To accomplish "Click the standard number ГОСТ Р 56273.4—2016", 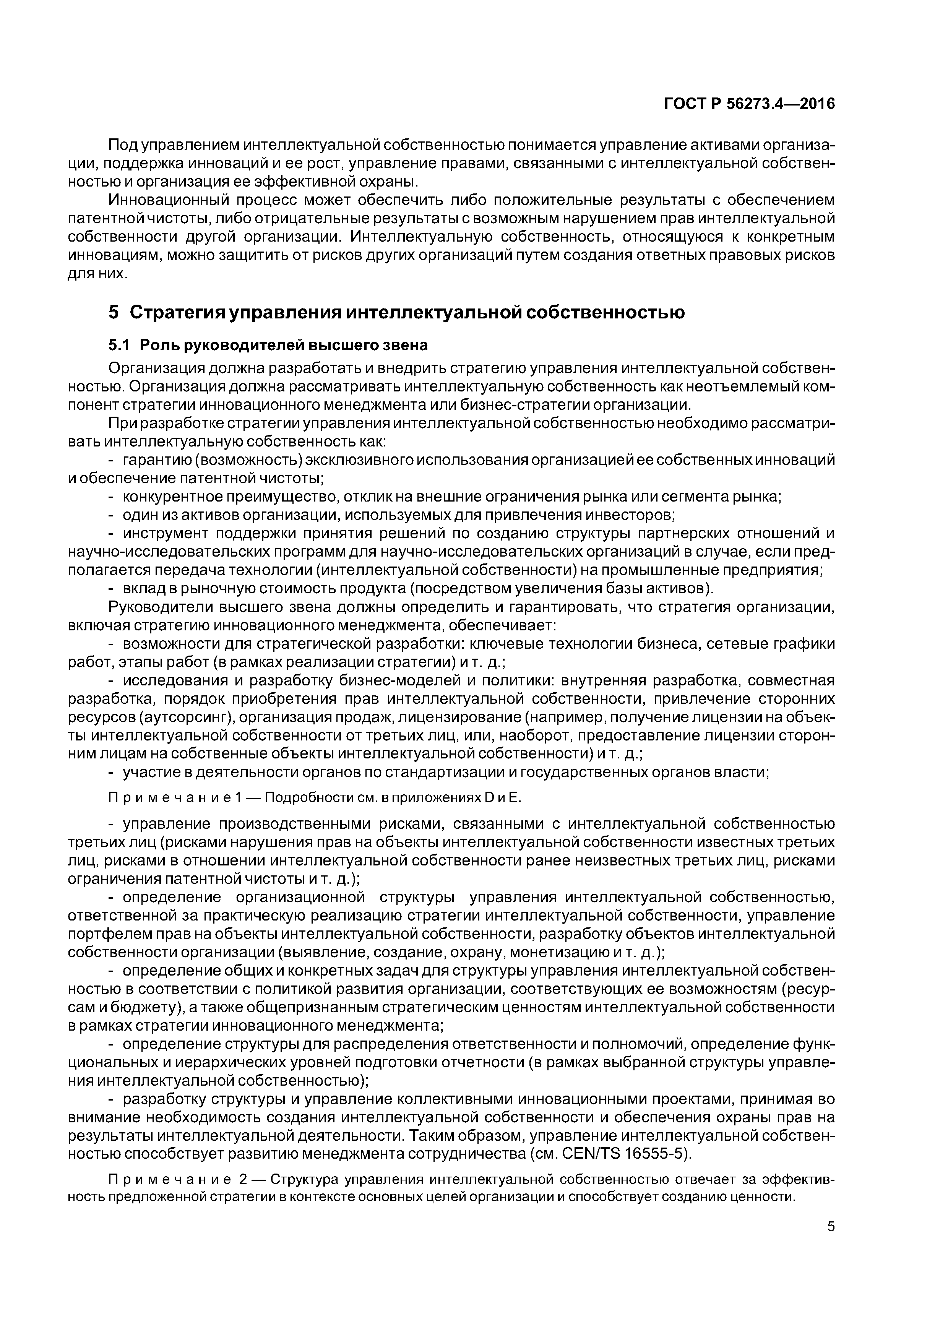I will [x=749, y=104].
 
